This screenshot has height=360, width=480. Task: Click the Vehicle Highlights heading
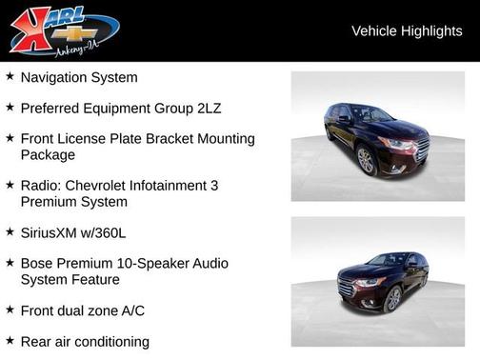407,30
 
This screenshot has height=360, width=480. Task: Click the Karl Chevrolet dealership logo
63,30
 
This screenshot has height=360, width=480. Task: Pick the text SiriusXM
52,231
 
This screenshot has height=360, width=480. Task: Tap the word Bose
37,262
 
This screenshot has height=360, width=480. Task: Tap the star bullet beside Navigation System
10,76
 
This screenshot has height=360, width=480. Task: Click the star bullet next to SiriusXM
10,230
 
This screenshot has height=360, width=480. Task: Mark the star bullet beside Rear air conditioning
10,339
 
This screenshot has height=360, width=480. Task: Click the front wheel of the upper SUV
367,161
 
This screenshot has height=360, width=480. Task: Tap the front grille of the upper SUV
421,148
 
